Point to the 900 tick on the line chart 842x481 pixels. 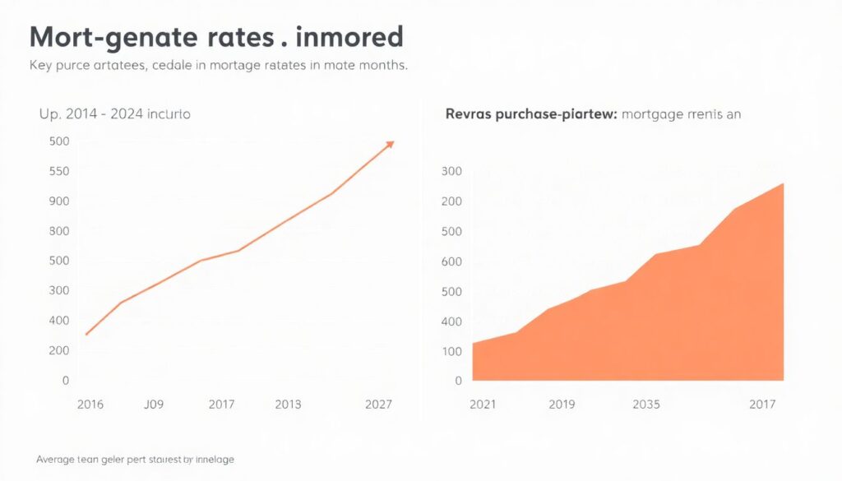tap(60, 201)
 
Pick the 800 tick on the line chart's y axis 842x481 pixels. tap(60, 230)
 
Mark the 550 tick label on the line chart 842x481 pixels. tap(60, 171)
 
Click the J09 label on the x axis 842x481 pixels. tap(154, 405)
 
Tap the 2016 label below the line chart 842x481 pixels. tap(90, 405)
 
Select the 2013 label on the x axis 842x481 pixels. tap(288, 405)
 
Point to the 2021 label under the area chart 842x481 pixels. tap(484, 405)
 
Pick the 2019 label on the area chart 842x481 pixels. tap(562, 405)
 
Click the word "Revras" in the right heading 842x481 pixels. tap(468, 114)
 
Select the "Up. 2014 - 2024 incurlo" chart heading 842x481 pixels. tap(114, 114)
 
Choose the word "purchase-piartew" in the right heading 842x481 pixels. tap(557, 114)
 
